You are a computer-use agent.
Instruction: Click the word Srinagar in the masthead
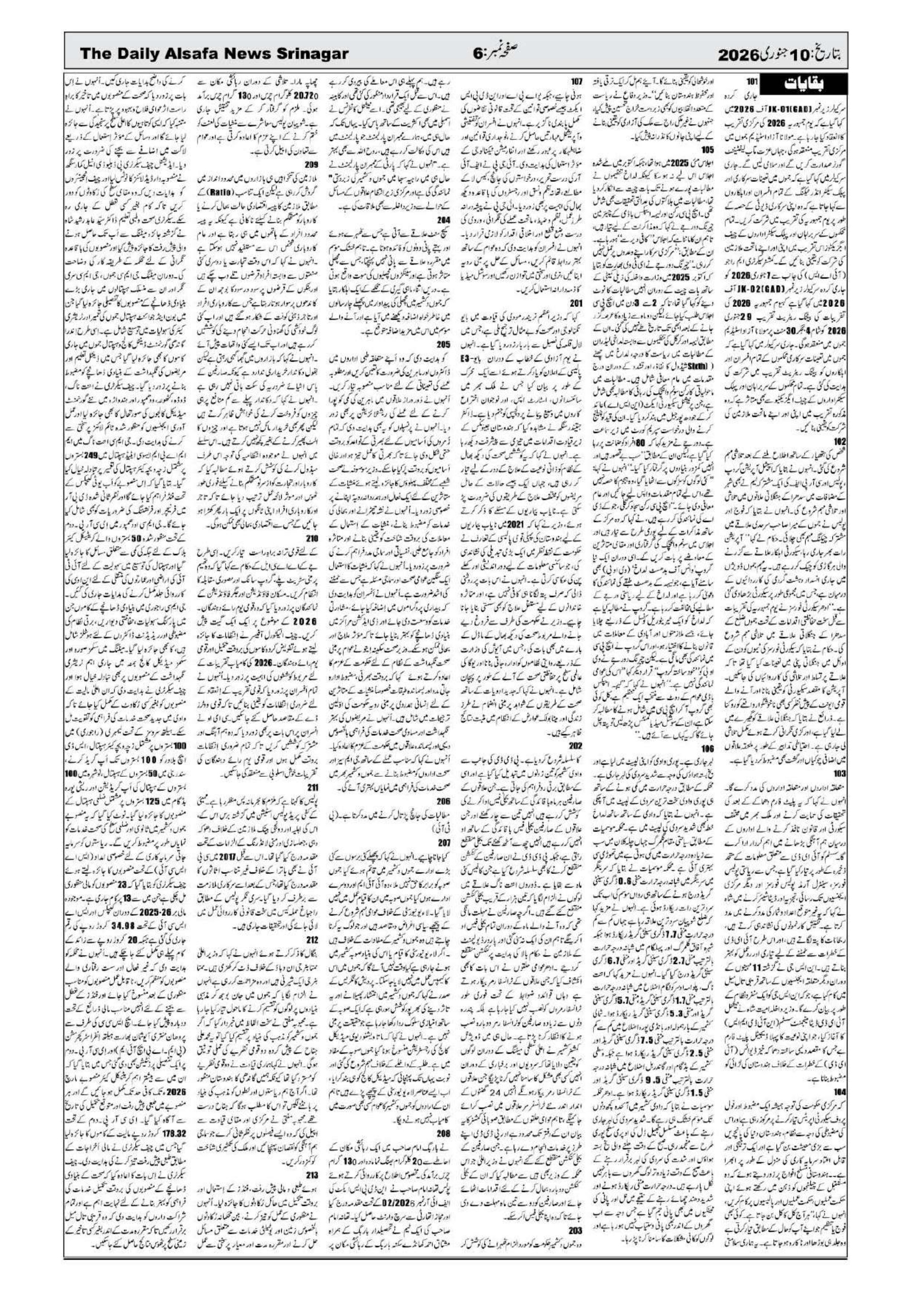pos(307,54)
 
